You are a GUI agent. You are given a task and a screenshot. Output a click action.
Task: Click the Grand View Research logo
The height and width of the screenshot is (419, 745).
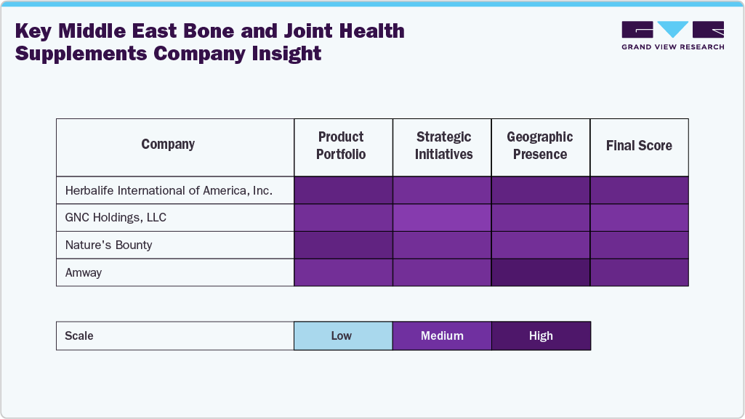672,35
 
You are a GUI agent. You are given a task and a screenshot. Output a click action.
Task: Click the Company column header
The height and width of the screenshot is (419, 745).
168,145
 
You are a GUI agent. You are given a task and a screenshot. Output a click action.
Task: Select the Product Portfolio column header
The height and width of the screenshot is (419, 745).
341,146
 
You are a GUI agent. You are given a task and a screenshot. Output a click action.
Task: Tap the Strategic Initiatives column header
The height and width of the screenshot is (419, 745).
443,146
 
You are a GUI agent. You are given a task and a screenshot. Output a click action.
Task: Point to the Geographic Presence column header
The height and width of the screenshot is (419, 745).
540,146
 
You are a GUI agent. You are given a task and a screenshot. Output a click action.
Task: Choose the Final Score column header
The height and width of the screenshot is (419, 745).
639,146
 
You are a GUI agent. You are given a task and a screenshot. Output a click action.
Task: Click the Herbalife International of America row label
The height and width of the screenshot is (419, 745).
169,190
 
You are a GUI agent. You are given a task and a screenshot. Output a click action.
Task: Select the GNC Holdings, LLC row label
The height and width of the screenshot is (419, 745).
116,218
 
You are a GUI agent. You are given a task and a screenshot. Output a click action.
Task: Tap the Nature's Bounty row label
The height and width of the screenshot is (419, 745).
108,245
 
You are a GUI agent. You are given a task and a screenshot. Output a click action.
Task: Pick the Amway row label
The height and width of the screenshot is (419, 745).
84,273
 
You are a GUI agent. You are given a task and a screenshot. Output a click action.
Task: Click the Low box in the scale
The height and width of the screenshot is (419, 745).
342,336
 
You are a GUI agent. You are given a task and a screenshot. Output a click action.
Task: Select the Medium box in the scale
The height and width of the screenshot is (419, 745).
442,336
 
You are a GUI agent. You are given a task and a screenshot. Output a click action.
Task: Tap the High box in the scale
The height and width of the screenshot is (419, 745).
541,336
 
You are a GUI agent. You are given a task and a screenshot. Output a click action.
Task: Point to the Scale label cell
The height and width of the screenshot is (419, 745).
174,336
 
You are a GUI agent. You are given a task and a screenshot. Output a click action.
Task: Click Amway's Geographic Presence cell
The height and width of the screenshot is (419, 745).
541,273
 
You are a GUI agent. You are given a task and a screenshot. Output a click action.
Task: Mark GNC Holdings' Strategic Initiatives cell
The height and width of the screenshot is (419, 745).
442,218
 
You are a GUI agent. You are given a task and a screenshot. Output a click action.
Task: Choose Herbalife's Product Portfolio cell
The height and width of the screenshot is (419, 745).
343,190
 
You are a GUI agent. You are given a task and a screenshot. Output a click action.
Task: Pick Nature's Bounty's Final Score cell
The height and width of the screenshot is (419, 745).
639,245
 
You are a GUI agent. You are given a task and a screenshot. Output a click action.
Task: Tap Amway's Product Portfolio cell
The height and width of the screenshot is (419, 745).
343,273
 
